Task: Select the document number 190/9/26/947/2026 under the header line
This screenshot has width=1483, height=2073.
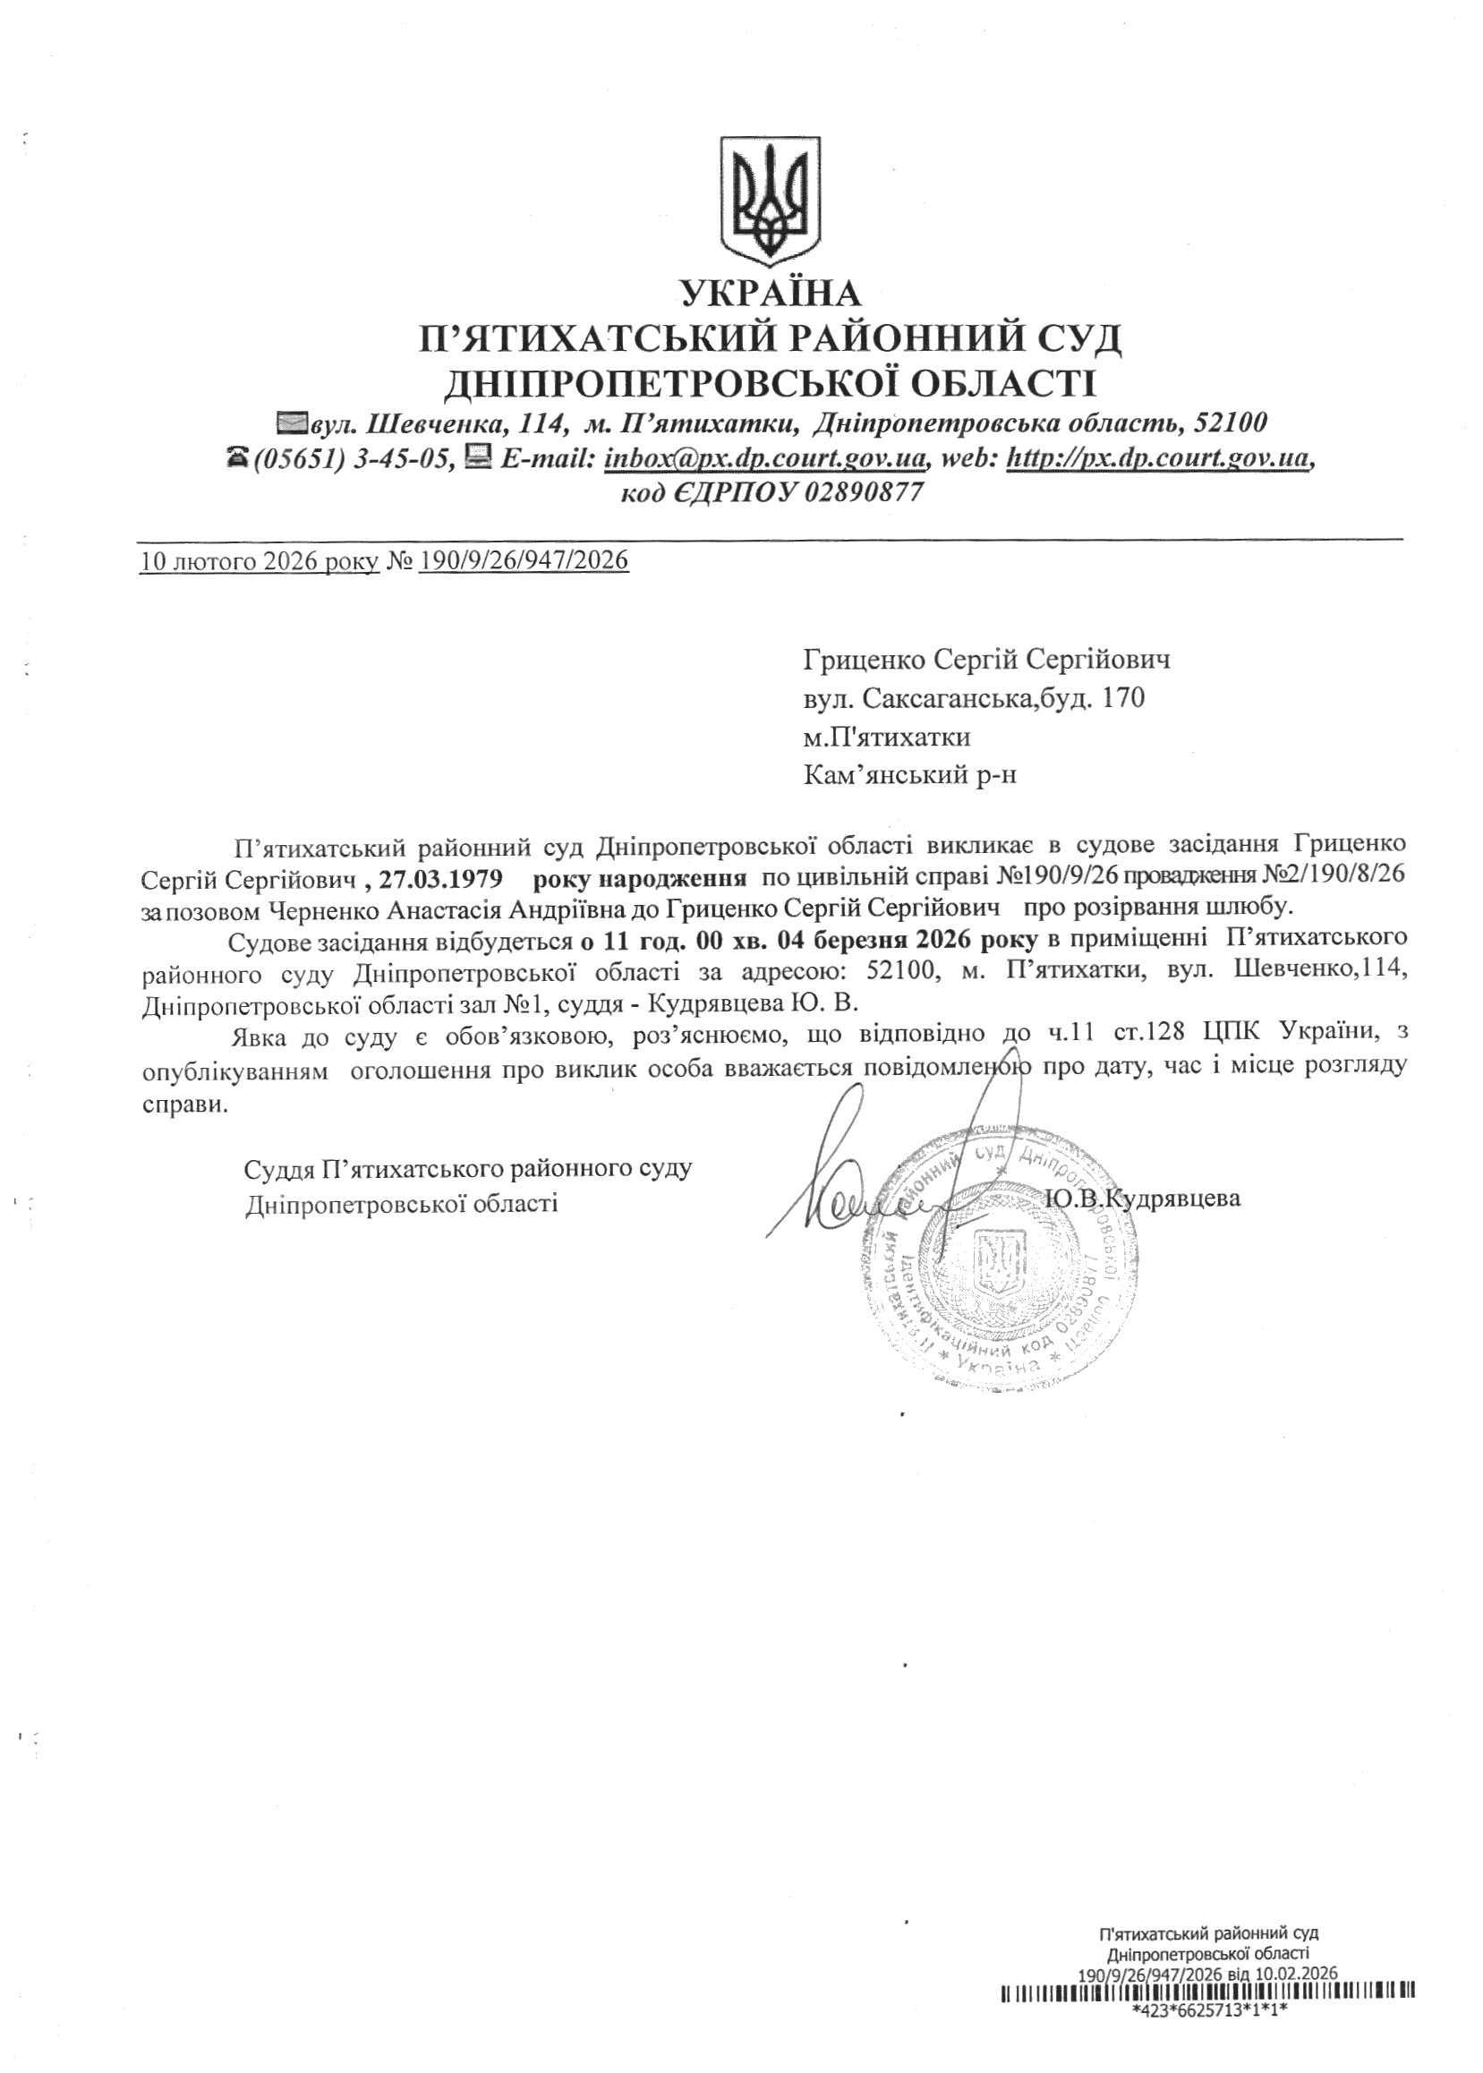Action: [x=524, y=559]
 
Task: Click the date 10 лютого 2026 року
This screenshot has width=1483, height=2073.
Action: [x=260, y=559]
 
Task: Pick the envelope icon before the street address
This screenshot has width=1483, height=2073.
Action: [x=294, y=422]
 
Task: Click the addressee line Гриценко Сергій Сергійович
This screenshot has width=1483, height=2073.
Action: [x=986, y=660]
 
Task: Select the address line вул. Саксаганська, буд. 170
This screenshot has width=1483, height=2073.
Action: [x=974, y=700]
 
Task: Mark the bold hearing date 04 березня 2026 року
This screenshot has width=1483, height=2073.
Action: [x=908, y=940]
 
